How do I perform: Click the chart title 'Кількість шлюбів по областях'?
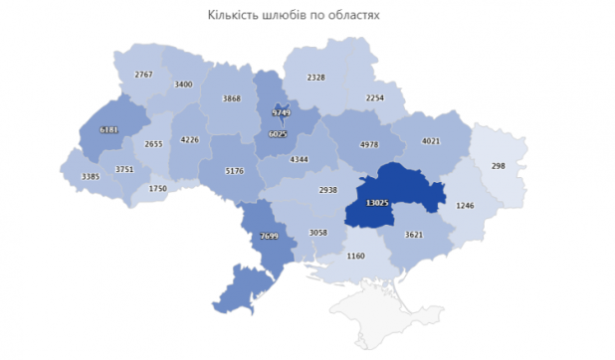coord(294,16)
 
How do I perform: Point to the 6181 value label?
coord(109,129)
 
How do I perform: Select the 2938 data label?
coord(329,188)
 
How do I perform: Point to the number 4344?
coord(301,159)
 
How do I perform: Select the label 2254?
coord(374,97)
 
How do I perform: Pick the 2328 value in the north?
coord(316,77)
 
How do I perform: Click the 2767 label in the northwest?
coord(144,76)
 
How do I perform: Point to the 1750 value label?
coord(158,188)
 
